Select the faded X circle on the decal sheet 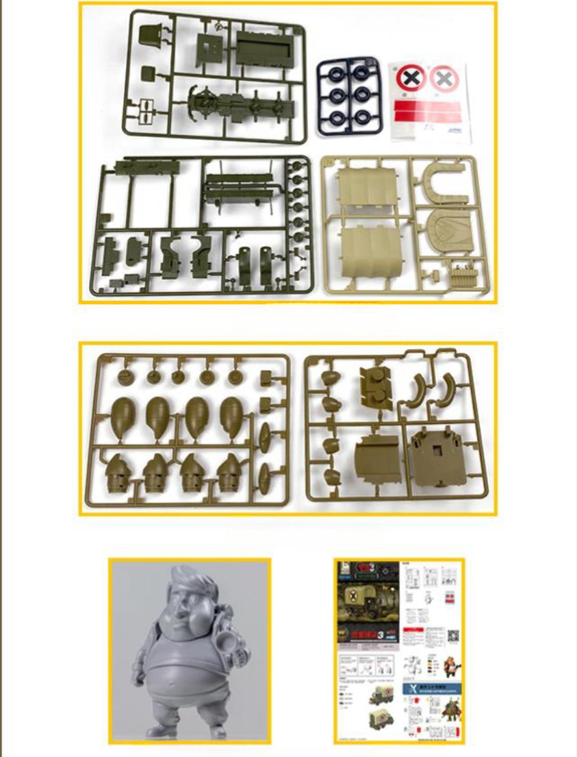tap(444, 79)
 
